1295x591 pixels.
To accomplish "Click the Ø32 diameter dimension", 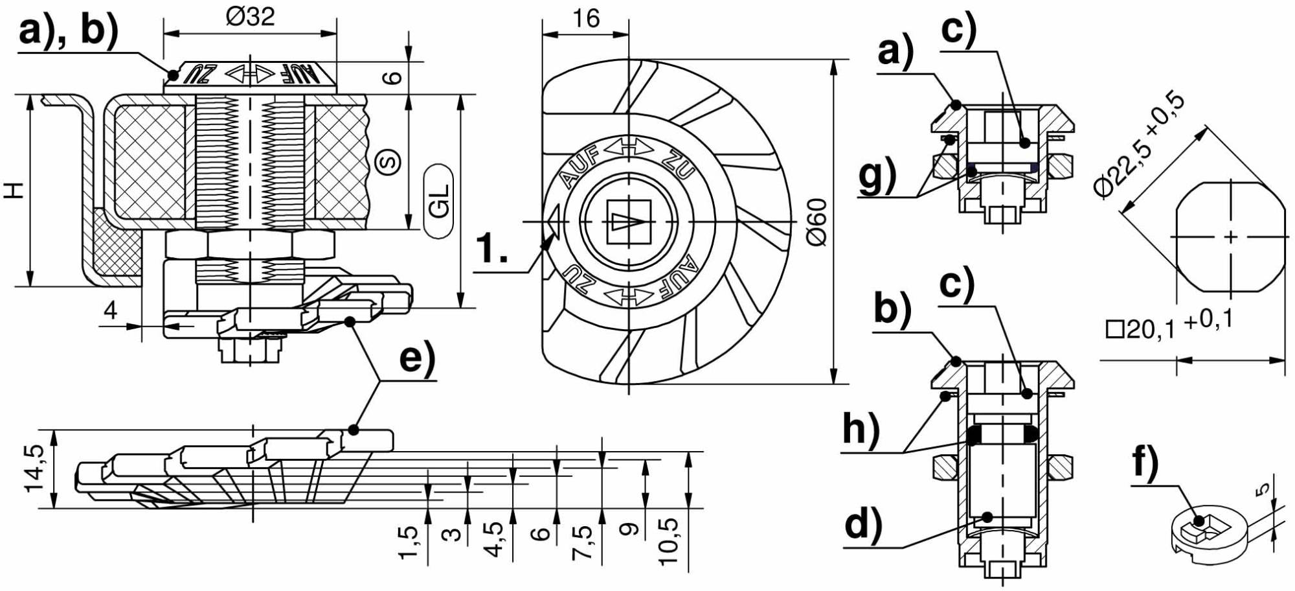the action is point(250,16).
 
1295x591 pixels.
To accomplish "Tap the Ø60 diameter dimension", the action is point(817,222).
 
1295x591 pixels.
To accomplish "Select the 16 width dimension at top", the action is point(586,18).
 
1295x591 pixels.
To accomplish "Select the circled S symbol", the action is point(389,162).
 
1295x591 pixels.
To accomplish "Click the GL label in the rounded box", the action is point(440,202).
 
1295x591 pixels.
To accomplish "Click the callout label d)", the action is point(864,524).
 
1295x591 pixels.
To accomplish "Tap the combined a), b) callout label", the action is point(69,31).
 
